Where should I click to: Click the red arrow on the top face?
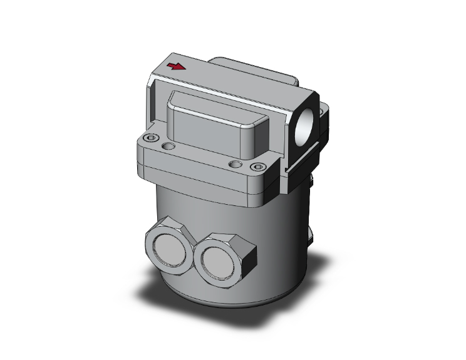pyautogui.click(x=178, y=66)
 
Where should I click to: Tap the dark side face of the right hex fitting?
pyautogui.click(x=248, y=256)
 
